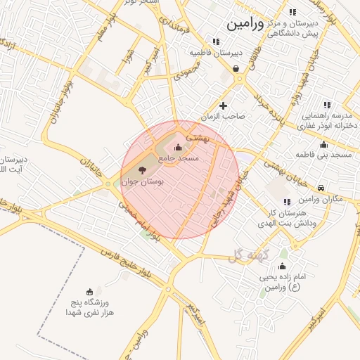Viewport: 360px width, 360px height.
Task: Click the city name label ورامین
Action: pyautogui.click(x=245, y=24)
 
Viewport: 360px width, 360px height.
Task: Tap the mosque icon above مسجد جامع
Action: pyautogui.click(x=178, y=147)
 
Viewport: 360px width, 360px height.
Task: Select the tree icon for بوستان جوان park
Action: pyautogui.click(x=142, y=169)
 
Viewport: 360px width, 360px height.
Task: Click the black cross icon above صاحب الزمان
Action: pyautogui.click(x=224, y=105)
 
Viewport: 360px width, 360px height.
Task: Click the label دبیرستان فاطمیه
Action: pyautogui.click(x=217, y=53)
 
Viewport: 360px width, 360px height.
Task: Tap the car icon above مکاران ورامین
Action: pyautogui.click(x=321, y=188)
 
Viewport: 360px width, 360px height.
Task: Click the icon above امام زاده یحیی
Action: pyautogui.click(x=283, y=266)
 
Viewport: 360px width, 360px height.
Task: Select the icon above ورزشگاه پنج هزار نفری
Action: pyautogui.click(x=89, y=291)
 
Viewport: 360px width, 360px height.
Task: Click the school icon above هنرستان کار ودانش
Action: pyautogui.click(x=287, y=202)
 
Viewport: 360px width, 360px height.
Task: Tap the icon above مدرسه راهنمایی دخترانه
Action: pyautogui.click(x=325, y=103)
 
